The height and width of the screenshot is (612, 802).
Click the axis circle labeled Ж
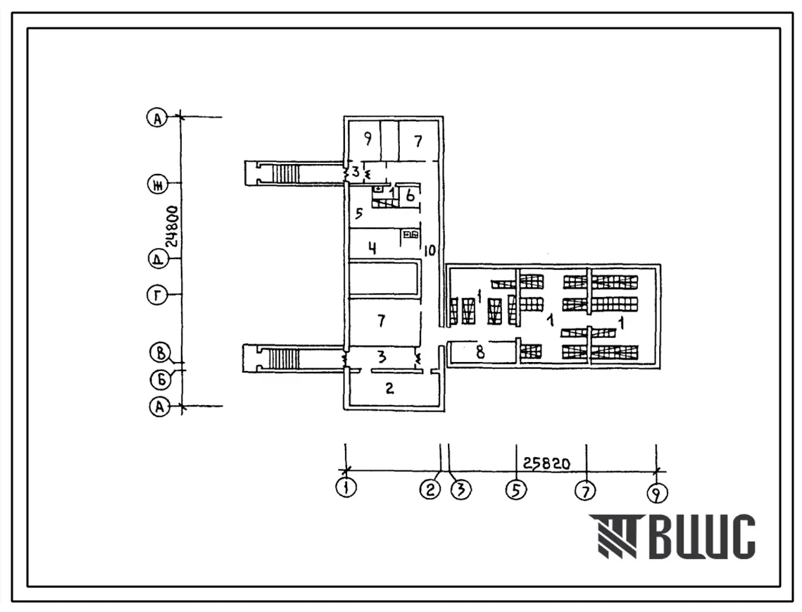tap(158, 185)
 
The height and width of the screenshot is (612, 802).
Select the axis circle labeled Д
tap(158, 258)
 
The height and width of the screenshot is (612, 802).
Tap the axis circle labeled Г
tap(157, 296)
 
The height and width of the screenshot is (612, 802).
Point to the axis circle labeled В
tap(160, 353)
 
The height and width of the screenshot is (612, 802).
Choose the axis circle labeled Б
tap(160, 380)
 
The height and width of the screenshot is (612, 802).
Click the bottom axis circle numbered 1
tap(346, 487)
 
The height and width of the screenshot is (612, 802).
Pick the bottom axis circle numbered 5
tap(516, 489)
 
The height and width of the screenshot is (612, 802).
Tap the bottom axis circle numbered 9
tap(657, 493)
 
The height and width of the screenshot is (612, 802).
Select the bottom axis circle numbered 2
tap(430, 489)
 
